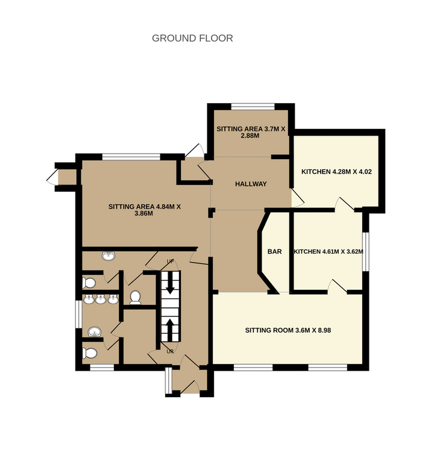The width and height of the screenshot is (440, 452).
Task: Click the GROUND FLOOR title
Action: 192,38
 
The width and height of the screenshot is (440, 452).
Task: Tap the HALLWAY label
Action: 251,184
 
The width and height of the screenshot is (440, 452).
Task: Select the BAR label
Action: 274,252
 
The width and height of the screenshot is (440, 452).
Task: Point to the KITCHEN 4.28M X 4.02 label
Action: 336,172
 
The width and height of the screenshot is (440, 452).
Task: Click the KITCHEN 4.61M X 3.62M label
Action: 328,252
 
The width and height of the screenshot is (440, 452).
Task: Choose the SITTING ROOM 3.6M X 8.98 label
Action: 288,330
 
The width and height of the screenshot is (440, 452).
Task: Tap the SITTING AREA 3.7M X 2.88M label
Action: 251,132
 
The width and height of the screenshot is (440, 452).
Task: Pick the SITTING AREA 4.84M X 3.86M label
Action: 145,210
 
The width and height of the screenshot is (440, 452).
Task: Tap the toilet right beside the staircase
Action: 135,298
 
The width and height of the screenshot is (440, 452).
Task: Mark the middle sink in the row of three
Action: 101,300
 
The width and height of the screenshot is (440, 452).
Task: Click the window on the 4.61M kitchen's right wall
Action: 366,252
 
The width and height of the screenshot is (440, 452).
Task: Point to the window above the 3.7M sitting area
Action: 253,106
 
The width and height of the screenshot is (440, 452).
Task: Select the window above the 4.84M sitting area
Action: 131,157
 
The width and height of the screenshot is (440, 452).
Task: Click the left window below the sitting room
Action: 253,367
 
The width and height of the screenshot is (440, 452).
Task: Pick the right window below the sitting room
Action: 328,367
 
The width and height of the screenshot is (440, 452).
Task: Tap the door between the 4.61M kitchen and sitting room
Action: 338,287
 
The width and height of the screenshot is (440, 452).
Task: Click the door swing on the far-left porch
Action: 52,177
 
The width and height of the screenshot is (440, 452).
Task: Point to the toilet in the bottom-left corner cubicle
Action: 89,353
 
